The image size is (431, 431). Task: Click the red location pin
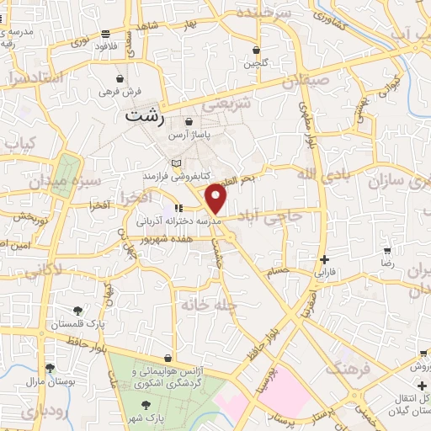pos(217,200)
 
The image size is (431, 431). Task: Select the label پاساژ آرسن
pos(186,135)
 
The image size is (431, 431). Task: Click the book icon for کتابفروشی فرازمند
pos(175,162)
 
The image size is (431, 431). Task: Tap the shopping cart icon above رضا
pos(386,251)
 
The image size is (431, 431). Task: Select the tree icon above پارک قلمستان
pos(78,311)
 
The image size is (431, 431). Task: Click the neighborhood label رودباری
pos(41,412)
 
